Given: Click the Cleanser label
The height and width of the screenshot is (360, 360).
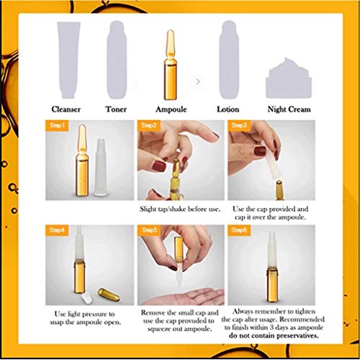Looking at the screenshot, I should pos(66,109).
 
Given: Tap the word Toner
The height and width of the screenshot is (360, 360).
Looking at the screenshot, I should pos(120,109).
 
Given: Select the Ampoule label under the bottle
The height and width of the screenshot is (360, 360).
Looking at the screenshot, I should pos(171,109).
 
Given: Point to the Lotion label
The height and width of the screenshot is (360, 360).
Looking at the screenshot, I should pos(228,109).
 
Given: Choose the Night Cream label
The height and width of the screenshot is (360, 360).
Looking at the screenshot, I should pos(289,109).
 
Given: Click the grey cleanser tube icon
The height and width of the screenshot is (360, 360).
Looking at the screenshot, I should pos(66,58).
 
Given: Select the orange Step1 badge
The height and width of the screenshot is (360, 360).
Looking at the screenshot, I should pos(58,126).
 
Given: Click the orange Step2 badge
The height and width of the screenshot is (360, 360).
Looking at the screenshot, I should pos(150,126).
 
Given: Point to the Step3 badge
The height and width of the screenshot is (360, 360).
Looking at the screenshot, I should pos(240,126).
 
